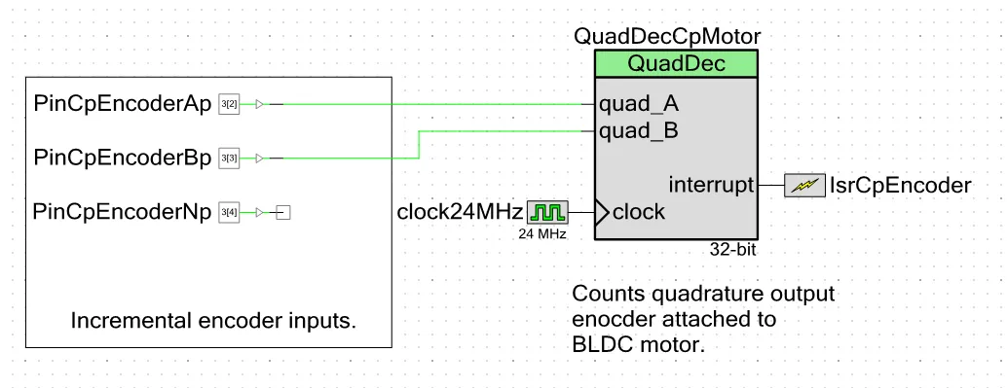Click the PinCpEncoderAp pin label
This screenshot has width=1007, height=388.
pyautogui.click(x=123, y=104)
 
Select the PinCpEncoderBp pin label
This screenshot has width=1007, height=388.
pyautogui.click(x=123, y=158)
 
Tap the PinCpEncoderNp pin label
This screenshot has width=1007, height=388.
pyautogui.click(x=122, y=212)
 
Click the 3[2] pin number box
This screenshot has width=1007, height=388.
pyautogui.click(x=229, y=104)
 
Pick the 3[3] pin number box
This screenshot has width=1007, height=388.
pyautogui.click(x=229, y=158)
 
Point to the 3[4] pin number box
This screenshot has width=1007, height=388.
pyautogui.click(x=229, y=212)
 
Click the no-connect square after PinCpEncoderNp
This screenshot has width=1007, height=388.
pyautogui.click(x=283, y=212)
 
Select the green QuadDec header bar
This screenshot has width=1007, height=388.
pyautogui.click(x=676, y=64)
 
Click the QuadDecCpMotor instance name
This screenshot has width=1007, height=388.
pyautogui.click(x=667, y=37)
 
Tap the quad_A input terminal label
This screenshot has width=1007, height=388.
pyautogui.click(x=639, y=104)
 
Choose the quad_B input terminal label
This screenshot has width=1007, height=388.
pyautogui.click(x=639, y=132)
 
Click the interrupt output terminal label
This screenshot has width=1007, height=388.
pyautogui.click(x=711, y=186)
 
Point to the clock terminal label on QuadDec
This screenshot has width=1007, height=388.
pyautogui.click(x=639, y=212)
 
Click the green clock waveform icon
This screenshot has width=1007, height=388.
pyautogui.click(x=548, y=212)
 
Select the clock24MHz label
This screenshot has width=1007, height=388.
pyautogui.click(x=460, y=212)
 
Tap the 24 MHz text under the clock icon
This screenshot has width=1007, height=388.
pyautogui.click(x=542, y=234)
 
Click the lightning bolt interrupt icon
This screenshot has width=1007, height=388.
pyautogui.click(x=804, y=186)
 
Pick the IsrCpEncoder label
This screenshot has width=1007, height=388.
pyautogui.click(x=901, y=186)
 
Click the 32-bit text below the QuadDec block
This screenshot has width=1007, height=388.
pyautogui.click(x=732, y=250)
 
